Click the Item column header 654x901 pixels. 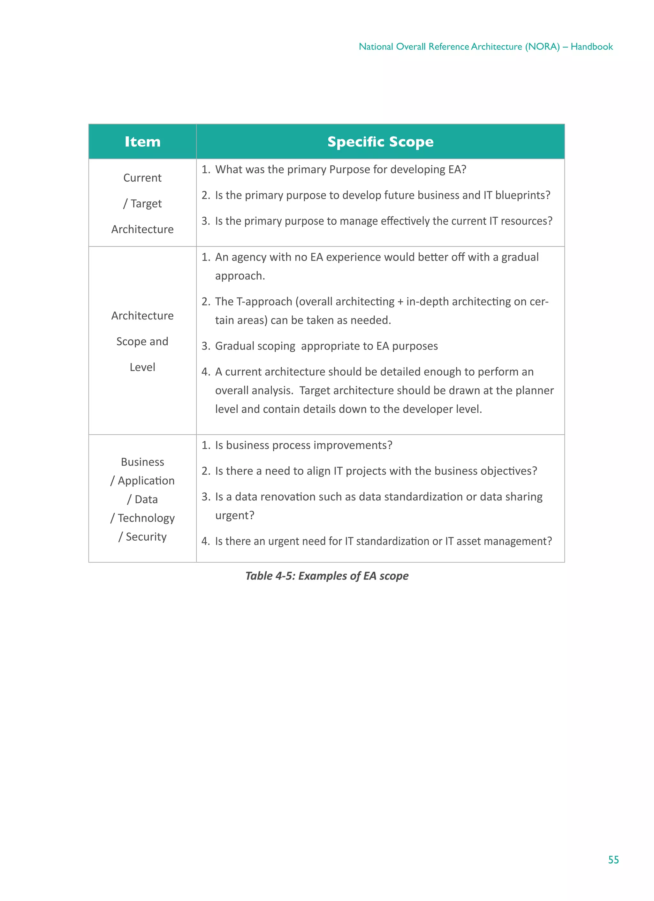pyautogui.click(x=142, y=142)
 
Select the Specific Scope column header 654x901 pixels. pyautogui.click(x=380, y=142)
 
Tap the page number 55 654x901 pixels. pyautogui.click(x=613, y=860)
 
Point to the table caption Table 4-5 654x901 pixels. pyautogui.click(x=326, y=576)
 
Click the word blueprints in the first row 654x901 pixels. pyautogui.click(x=522, y=195)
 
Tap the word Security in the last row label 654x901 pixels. pyautogui.click(x=146, y=537)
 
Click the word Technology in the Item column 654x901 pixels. pyautogui.click(x=146, y=518)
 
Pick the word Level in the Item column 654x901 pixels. pyautogui.click(x=142, y=367)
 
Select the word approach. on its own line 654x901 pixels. pyautogui.click(x=240, y=276)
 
